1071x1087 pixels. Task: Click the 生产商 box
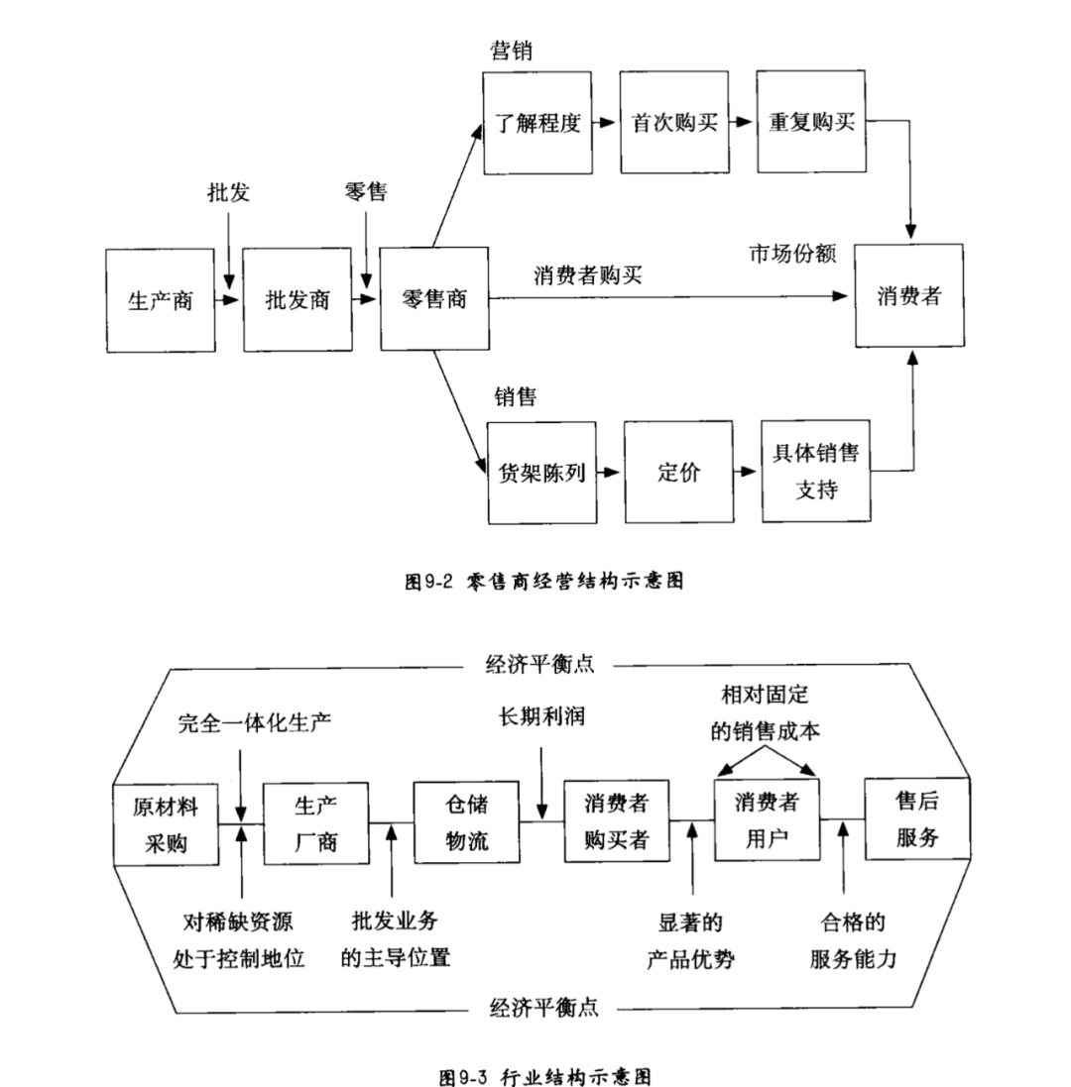click(161, 299)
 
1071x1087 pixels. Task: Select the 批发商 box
click(297, 299)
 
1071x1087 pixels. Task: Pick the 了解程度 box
click(536, 123)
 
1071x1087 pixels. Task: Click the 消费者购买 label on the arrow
click(587, 275)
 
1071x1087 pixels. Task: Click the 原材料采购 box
click(166, 824)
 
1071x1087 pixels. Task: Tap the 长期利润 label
click(541, 717)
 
